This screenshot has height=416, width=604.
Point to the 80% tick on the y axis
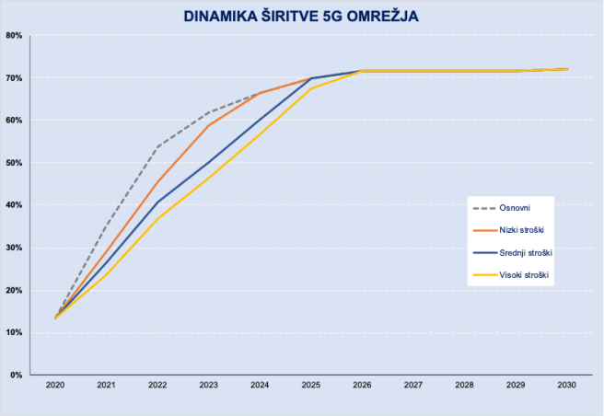16,36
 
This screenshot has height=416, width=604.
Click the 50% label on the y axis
16,163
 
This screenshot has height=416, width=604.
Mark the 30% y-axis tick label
16,248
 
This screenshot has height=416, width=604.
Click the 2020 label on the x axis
55,386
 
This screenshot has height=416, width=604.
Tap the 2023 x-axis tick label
209,386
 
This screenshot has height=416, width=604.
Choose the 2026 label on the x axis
362,386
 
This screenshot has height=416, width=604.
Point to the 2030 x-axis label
567,386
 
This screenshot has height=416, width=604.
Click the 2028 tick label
464,386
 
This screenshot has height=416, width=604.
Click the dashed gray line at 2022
157,146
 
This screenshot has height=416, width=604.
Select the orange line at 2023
209,125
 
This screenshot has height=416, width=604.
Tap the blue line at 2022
157,202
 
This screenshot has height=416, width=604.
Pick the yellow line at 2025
311,88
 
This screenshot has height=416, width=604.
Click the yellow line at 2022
157,219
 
